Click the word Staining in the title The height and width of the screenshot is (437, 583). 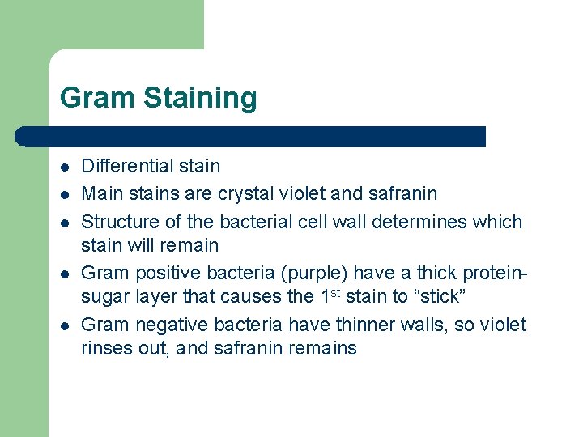point(200,99)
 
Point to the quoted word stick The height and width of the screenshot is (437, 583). point(436,296)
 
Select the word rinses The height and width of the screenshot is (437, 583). point(106,349)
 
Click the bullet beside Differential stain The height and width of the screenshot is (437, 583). point(65,168)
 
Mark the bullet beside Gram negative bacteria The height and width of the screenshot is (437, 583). point(65,325)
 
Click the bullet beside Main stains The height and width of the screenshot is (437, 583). point(65,195)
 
